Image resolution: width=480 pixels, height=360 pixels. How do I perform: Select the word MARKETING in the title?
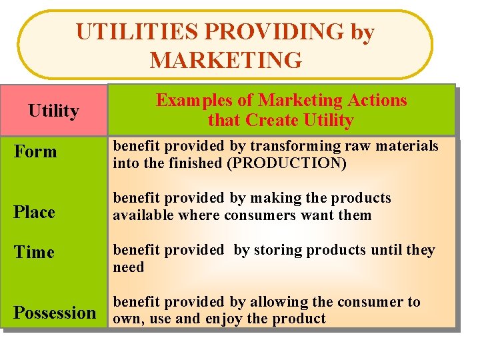pos(225,60)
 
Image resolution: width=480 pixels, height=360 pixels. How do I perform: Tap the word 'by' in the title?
pos(362,31)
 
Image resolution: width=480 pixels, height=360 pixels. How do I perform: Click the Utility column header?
pos(53,110)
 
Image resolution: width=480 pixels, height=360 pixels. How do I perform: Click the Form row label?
pos(36,151)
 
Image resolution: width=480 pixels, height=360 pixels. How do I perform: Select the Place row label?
pos(35,212)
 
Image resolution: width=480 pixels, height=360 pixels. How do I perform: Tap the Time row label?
pos(34,252)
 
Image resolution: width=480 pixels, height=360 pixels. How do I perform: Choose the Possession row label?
pos(55,312)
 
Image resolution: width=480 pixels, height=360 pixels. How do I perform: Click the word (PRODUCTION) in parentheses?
pos(287,163)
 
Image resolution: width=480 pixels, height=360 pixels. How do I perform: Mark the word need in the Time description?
pos(129,267)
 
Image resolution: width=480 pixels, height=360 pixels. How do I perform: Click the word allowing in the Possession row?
pos(269,302)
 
